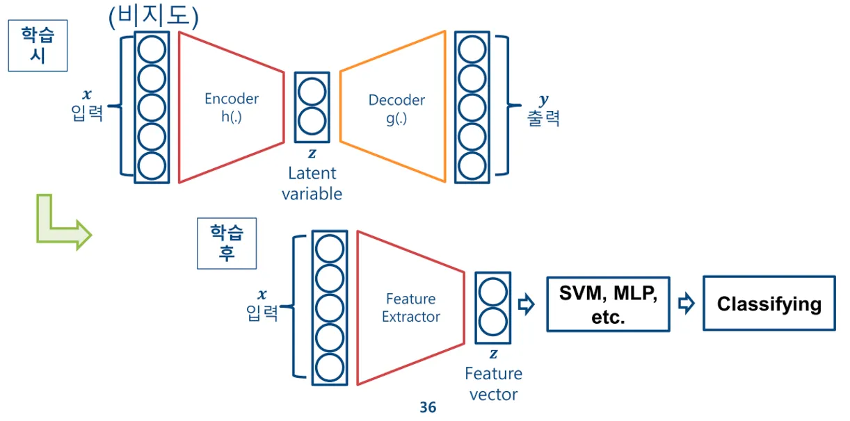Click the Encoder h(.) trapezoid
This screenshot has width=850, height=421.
tap(231, 107)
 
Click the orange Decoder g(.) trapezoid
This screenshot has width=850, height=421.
tap(394, 108)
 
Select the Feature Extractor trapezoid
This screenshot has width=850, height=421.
tap(410, 307)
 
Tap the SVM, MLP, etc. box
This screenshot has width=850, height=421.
tap(608, 304)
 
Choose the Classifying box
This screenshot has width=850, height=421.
tap(769, 304)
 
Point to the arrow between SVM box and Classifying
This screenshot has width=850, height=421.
tap(687, 304)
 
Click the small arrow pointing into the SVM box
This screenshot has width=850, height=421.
tap(527, 304)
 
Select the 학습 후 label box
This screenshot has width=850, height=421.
tap(227, 243)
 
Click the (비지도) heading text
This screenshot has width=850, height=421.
tap(154, 17)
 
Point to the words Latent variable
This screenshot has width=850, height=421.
tap(312, 183)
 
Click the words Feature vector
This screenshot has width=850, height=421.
tap(493, 384)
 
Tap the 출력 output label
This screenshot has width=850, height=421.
tap(543, 117)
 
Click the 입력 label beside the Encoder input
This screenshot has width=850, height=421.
tap(88, 113)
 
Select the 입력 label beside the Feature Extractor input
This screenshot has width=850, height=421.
tap(263, 313)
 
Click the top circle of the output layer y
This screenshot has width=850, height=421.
tap(472, 50)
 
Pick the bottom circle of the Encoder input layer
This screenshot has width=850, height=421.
tap(152, 165)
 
